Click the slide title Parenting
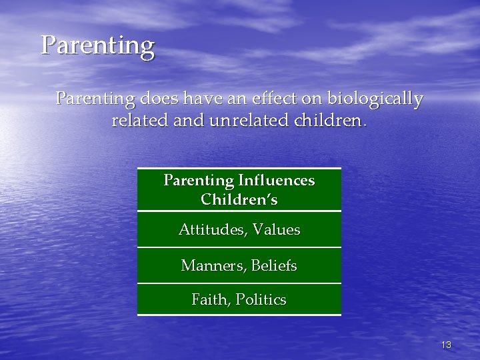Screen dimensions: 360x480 [x=97, y=46]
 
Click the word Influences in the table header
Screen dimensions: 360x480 [x=276, y=181]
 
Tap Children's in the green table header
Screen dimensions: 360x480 [x=239, y=199]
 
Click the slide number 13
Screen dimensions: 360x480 [x=446, y=345]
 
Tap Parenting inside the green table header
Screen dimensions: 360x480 [x=197, y=181]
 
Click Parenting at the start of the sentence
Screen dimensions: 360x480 [x=96, y=100]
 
